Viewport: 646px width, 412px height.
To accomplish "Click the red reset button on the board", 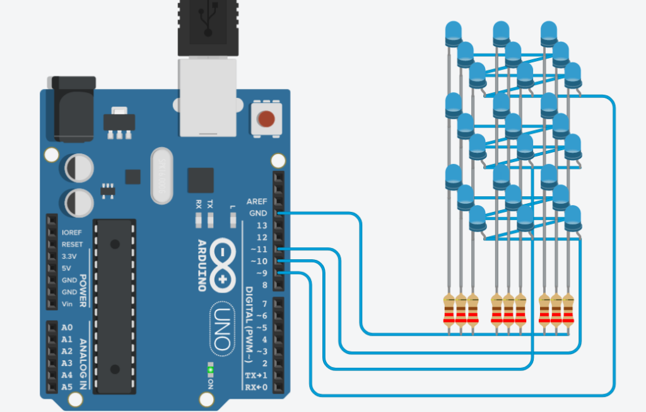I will pyautogui.click(x=267, y=118).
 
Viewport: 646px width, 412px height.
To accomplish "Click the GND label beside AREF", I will pyautogui.click(x=258, y=213).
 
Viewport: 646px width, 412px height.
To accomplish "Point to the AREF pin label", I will pyautogui.click(x=257, y=201).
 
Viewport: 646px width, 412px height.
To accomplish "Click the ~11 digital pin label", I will pyautogui.click(x=259, y=249).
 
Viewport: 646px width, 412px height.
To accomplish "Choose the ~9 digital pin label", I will pyautogui.click(x=261, y=273).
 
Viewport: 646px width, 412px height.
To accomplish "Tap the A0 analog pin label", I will pyautogui.click(x=66, y=327).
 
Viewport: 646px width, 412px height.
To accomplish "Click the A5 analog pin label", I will pyautogui.click(x=66, y=387).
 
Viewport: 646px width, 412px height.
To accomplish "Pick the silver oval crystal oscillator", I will pyautogui.click(x=163, y=176).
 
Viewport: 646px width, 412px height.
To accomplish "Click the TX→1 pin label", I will pyautogui.click(x=256, y=375).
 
